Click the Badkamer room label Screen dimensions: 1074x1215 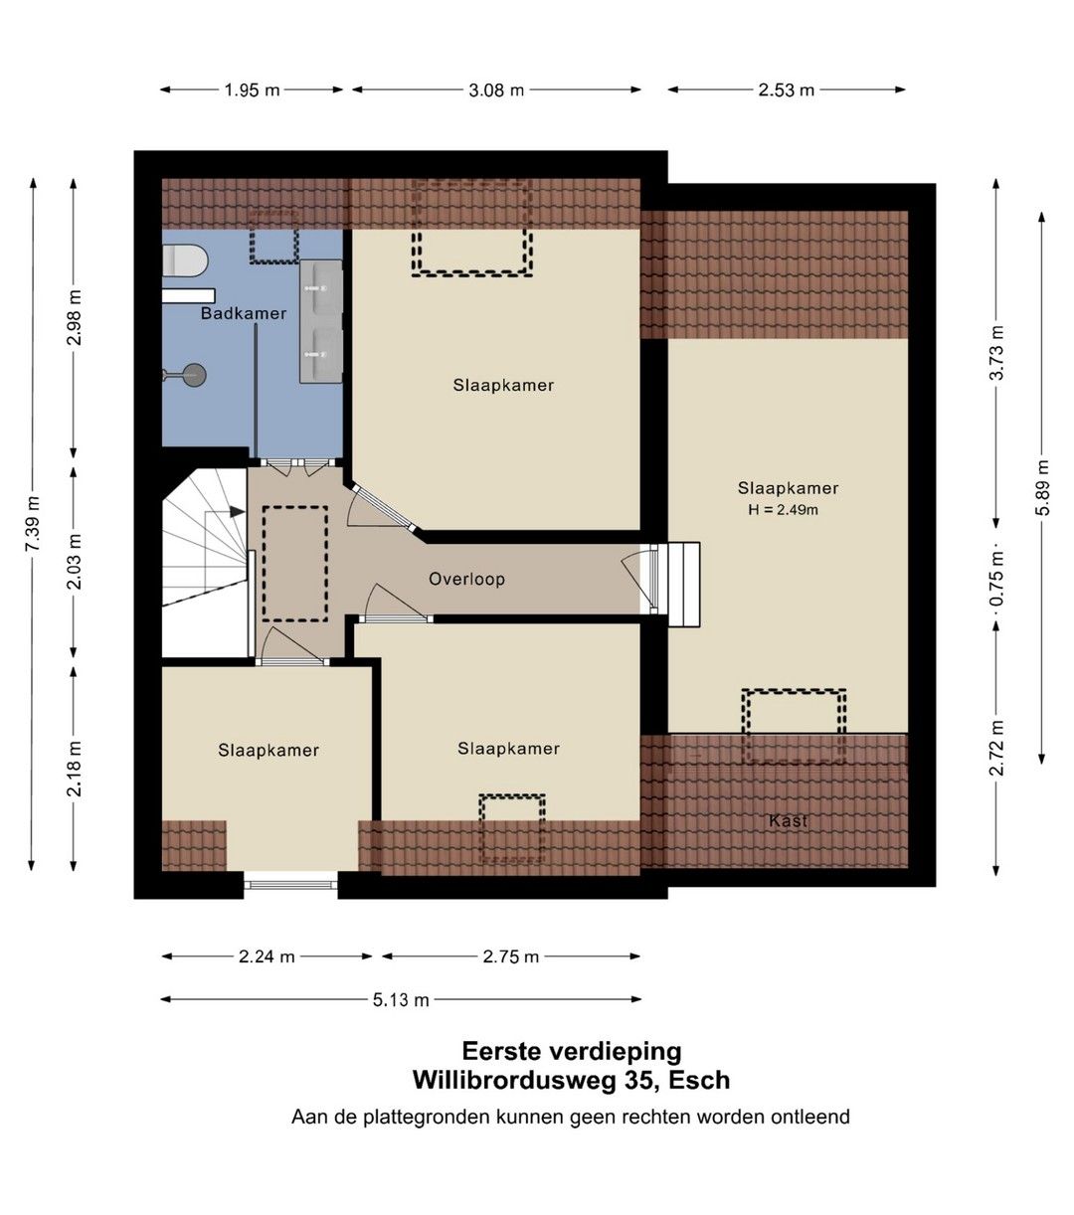click(244, 313)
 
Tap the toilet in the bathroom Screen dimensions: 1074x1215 click(185, 260)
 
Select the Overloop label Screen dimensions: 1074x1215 click(466, 579)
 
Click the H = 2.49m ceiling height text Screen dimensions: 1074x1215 click(783, 510)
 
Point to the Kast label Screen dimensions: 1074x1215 click(788, 821)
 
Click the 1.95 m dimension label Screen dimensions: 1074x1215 click(252, 89)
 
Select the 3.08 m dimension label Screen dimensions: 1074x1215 click(496, 89)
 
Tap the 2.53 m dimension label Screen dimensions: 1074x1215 click(786, 89)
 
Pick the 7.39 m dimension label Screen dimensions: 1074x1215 click(33, 524)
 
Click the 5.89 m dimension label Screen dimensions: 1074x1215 click(1042, 487)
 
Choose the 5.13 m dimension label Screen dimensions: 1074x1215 click(401, 999)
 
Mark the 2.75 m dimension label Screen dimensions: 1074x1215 click(510, 956)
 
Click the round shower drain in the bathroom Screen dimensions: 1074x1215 click(193, 376)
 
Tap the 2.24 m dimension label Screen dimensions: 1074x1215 click(267, 956)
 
